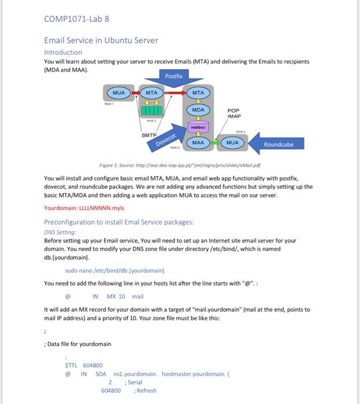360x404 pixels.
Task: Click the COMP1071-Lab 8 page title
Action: tap(76, 18)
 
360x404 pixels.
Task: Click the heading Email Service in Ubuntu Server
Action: tap(101, 40)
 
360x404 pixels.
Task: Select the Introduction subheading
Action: tap(63, 52)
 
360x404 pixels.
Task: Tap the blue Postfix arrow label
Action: tap(173, 76)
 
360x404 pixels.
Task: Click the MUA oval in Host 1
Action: tap(118, 92)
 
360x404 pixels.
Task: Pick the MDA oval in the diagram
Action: tap(198, 110)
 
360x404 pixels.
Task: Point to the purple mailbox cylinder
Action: tap(198, 126)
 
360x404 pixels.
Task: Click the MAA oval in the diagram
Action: tap(198, 141)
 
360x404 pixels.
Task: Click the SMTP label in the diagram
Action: tap(150, 135)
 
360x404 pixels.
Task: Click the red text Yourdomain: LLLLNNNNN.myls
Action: tap(84, 208)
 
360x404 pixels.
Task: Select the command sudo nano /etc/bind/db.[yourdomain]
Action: tap(114, 270)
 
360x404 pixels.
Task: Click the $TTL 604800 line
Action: tap(84, 365)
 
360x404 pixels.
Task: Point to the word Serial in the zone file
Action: tap(134, 382)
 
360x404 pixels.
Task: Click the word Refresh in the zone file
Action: tap(146, 391)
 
